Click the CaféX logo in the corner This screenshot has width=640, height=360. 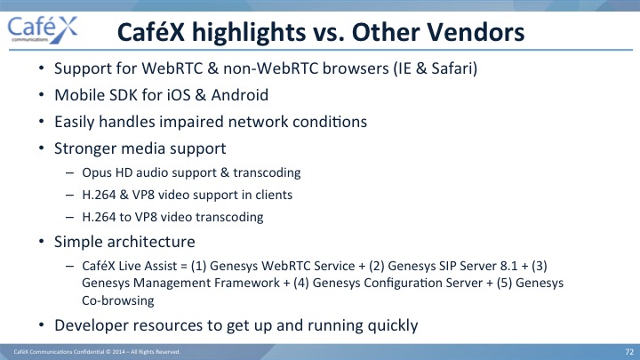(43, 30)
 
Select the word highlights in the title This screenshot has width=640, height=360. (249, 33)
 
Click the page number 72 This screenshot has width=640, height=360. (629, 352)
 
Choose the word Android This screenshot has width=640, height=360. (240, 95)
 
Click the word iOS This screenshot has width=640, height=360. (179, 95)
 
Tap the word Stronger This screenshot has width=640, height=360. (85, 149)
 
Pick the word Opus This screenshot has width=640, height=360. (97, 173)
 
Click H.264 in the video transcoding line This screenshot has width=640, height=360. (99, 217)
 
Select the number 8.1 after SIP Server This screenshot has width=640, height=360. (508, 266)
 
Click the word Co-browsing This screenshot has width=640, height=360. (118, 300)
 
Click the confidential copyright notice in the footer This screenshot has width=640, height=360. (97, 352)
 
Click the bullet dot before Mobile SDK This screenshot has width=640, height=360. (41, 95)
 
